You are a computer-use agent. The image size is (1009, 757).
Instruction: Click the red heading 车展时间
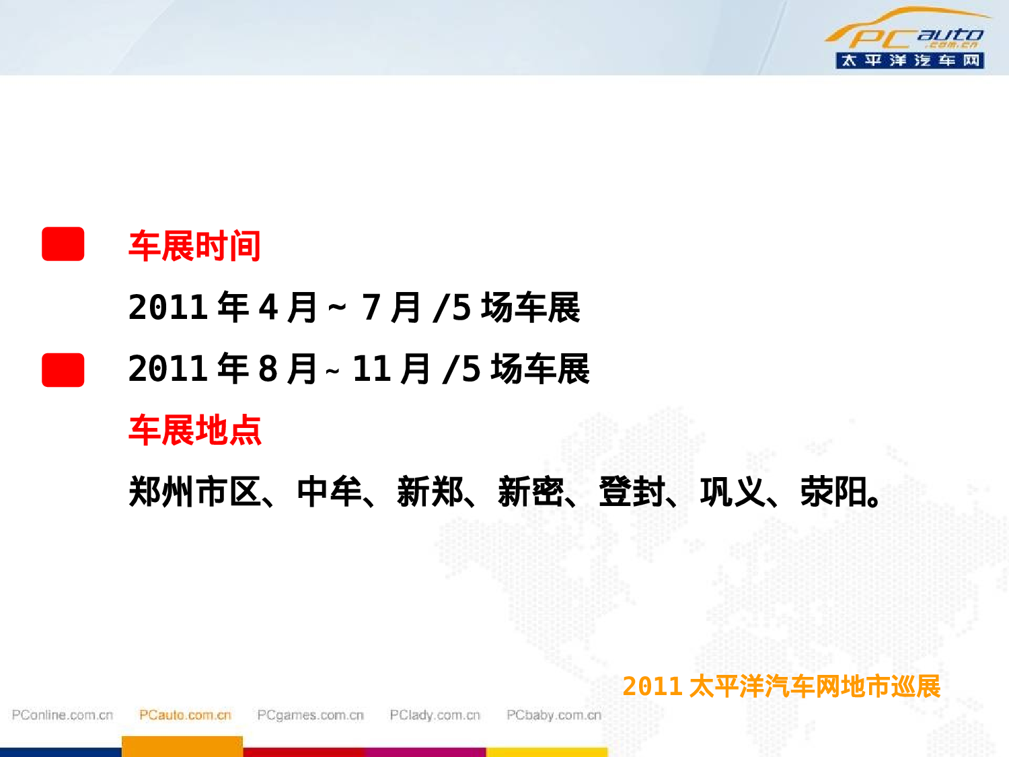tap(194, 246)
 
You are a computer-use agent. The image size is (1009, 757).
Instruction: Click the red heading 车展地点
tap(194, 430)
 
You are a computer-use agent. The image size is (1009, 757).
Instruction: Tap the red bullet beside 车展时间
tap(63, 244)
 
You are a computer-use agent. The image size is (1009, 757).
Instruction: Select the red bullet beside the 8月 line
tap(63, 369)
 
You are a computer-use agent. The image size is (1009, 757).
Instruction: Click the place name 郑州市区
tap(194, 491)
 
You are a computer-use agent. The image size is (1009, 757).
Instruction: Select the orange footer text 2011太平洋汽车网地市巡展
tap(781, 686)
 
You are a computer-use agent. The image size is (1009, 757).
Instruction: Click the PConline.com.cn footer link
tap(63, 715)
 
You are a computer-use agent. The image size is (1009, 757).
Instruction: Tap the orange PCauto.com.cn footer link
tap(185, 715)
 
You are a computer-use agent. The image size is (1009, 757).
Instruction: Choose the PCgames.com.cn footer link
tap(310, 715)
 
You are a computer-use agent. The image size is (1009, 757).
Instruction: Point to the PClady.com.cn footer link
tap(435, 715)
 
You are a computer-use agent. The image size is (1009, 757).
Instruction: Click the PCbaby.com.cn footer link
tap(554, 715)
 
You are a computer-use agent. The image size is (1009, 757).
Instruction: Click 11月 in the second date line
tap(391, 369)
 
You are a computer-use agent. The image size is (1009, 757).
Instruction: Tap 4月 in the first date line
tap(287, 308)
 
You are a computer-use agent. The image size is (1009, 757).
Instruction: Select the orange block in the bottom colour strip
tap(182, 746)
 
